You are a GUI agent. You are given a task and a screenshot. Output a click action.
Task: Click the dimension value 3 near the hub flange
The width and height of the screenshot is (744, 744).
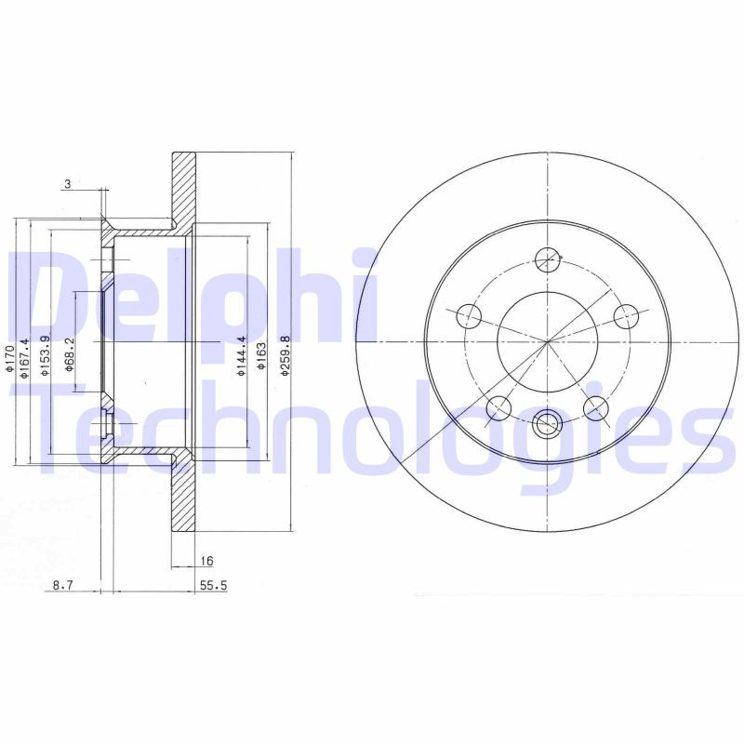[x=68, y=184]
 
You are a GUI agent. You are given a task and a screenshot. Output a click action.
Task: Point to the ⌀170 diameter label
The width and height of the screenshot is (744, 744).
[x=8, y=358]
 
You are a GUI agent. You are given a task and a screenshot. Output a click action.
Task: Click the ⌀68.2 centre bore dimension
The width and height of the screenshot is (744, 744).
[x=70, y=354]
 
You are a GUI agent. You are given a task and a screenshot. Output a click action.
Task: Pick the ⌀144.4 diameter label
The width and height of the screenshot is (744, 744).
[x=241, y=354]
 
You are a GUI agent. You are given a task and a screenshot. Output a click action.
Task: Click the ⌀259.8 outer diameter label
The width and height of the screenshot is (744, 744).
[x=286, y=354]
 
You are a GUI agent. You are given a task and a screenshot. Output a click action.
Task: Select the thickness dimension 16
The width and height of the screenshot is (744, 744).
[x=206, y=561]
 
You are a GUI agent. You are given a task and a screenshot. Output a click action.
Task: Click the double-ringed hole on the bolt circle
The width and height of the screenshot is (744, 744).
[x=549, y=423]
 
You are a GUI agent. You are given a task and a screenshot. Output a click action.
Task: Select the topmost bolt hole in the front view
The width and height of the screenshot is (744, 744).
[x=549, y=259]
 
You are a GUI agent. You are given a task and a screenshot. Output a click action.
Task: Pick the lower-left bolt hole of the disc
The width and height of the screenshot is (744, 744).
[x=499, y=406]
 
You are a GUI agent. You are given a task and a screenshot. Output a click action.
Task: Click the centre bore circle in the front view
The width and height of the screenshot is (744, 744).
[x=549, y=341]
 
